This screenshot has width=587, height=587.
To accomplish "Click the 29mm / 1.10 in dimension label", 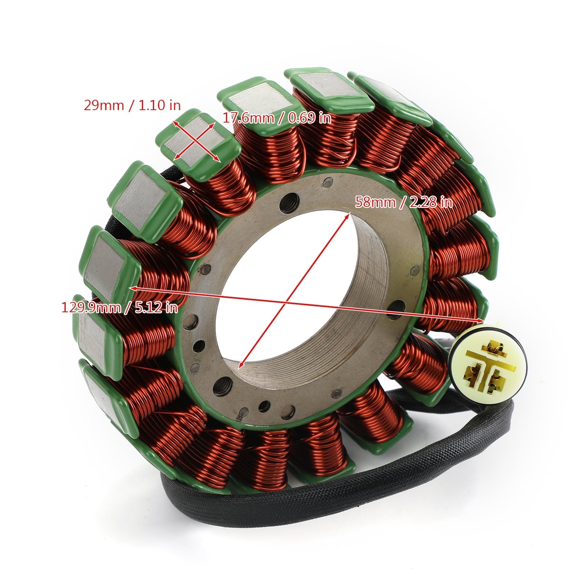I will (x=132, y=105).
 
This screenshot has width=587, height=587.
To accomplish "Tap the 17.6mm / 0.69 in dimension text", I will (x=277, y=118).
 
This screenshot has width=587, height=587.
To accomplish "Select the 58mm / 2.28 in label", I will (x=404, y=202).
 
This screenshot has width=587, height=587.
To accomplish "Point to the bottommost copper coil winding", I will (x=264, y=455).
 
